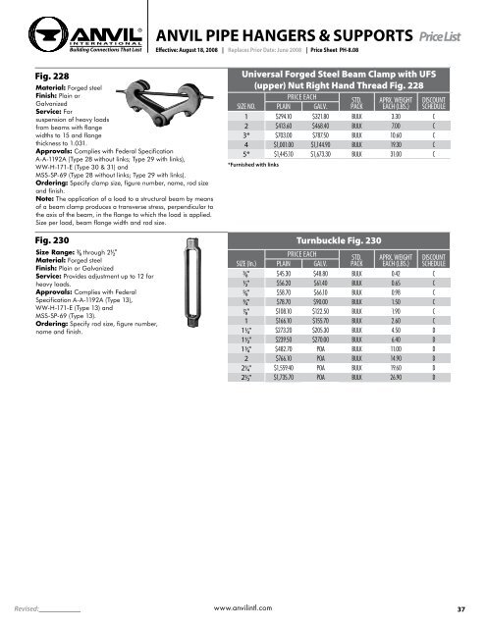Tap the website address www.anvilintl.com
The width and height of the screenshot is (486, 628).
[242, 608]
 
